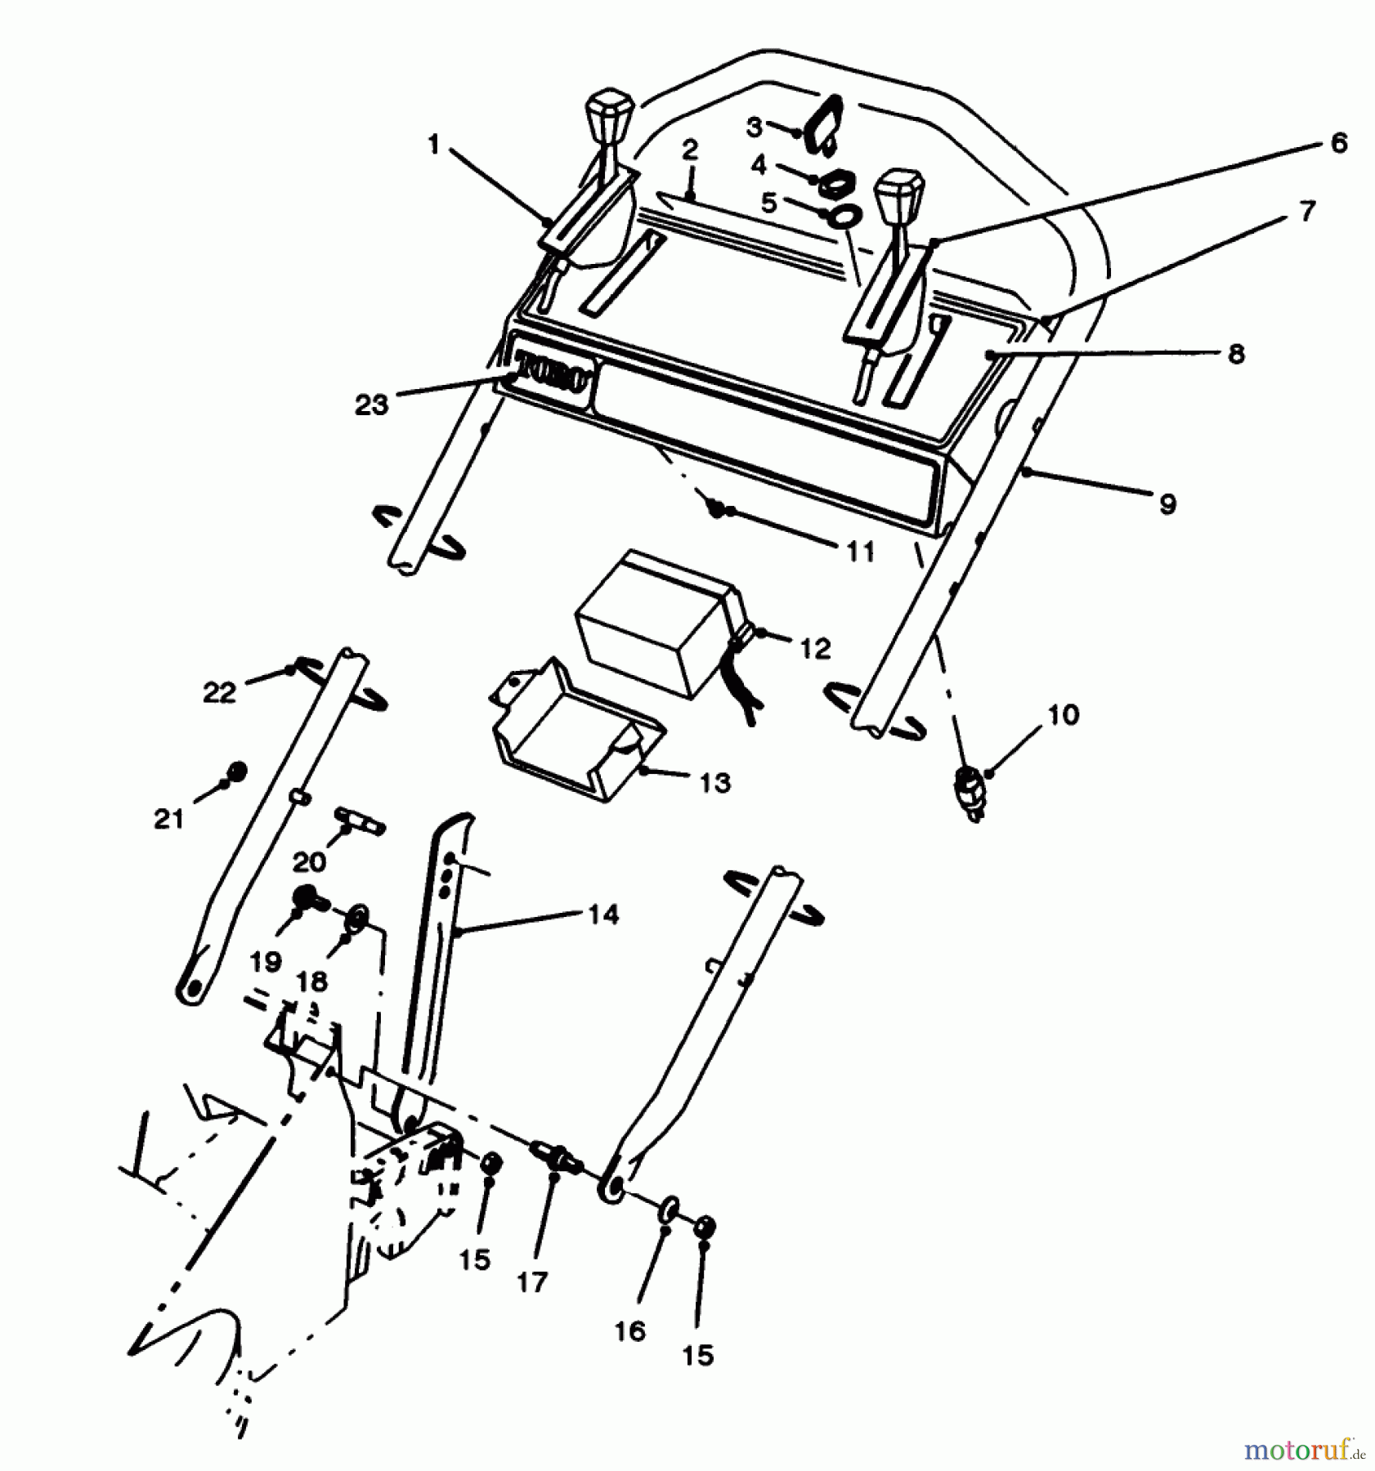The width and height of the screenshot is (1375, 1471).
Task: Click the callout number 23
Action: click(x=371, y=405)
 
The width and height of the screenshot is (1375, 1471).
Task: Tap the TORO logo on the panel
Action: click(x=553, y=374)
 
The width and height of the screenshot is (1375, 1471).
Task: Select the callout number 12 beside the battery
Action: click(x=815, y=648)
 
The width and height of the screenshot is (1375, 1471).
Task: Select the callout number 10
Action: click(x=1063, y=715)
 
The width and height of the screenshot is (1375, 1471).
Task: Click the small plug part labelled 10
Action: click(x=970, y=792)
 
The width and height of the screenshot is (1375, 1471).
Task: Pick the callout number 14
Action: click(x=603, y=914)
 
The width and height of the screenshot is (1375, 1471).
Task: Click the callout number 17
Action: click(x=532, y=1281)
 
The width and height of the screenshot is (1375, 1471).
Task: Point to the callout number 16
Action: click(x=629, y=1330)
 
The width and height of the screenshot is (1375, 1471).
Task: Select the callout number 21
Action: click(x=169, y=818)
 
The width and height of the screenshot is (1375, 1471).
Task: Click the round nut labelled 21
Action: click(x=237, y=771)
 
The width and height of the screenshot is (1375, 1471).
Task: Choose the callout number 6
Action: click(x=1338, y=143)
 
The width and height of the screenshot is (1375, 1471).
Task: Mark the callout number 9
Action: click(x=1167, y=503)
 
